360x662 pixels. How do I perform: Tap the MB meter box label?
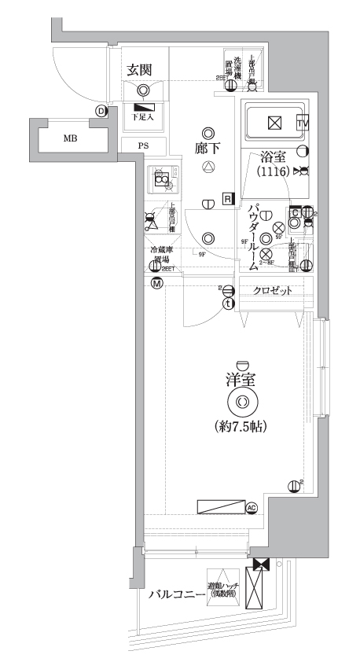[70, 138]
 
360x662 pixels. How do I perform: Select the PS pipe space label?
[143, 145]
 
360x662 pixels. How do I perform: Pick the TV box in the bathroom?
[303, 123]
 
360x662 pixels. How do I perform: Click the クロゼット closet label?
[272, 291]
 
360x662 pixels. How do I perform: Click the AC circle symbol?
[252, 508]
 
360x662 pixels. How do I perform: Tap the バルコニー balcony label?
[176, 594]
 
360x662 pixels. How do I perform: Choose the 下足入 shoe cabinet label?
[143, 117]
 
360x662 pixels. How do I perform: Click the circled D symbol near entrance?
[101, 111]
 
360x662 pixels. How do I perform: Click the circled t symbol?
[227, 303]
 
